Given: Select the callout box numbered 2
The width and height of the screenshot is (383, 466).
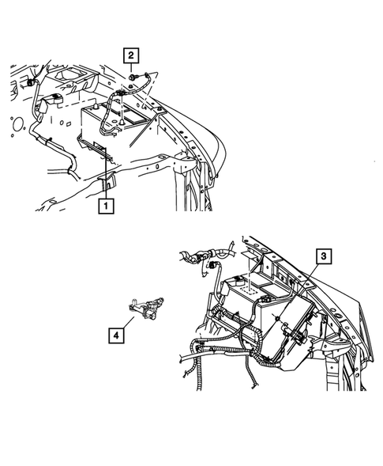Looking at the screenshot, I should [130, 55].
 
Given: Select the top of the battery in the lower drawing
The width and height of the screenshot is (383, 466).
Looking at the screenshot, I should [253, 289].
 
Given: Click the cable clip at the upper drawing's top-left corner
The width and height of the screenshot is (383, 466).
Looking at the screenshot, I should [32, 82].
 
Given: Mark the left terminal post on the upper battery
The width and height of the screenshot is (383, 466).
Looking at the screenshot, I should [101, 113].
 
